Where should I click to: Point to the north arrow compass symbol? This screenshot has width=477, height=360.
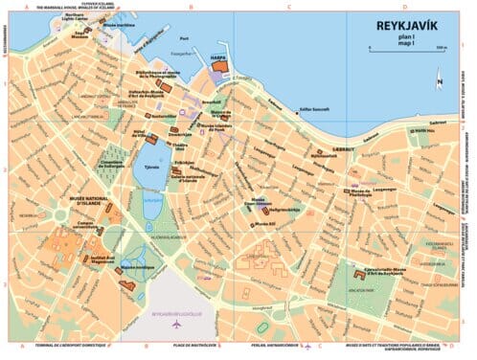coord(437,81)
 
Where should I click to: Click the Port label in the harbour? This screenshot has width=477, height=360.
coord(197,38)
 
